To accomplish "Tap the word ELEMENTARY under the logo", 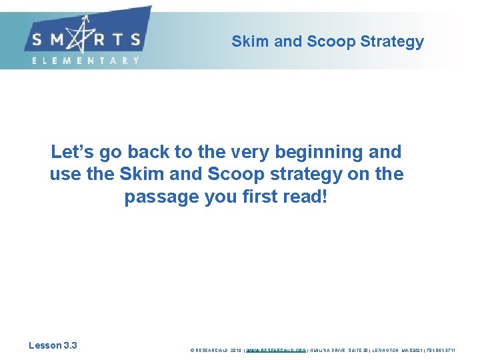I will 86,60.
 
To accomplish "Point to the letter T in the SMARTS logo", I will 120,39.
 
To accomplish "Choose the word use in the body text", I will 64,175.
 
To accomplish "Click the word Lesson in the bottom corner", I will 45,345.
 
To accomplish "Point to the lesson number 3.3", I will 70,345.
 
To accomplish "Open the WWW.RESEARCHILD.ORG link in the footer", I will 276,349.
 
